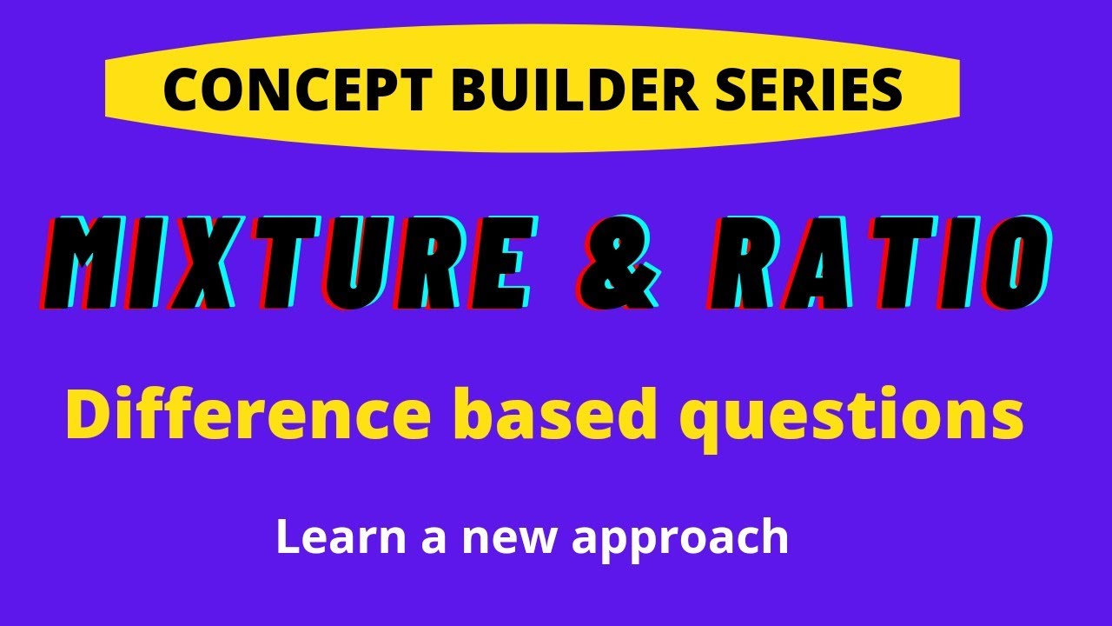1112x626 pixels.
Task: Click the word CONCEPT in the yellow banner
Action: click(297, 90)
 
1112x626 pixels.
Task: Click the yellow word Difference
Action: click(248, 414)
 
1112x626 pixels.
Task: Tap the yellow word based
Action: click(552, 414)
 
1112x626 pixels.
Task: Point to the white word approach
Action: click(680, 541)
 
